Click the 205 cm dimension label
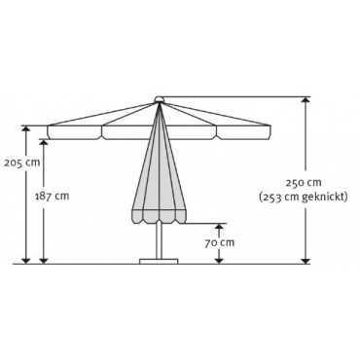click(x=22, y=162)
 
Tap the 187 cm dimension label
click(x=52, y=196)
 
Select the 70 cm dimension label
click(x=219, y=242)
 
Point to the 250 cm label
click(x=304, y=183)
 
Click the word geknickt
click(x=324, y=198)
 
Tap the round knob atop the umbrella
click(x=159, y=99)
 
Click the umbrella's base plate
click(x=159, y=261)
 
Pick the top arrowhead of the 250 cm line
click(x=305, y=99)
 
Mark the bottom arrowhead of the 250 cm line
click(x=305, y=261)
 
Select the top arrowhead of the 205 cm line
click(x=25, y=128)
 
